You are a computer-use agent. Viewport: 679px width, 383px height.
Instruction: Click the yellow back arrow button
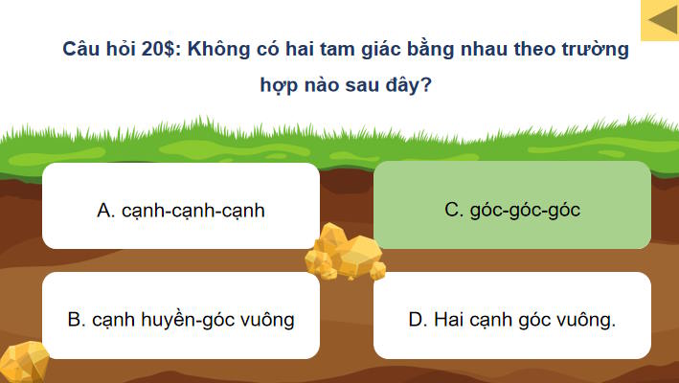pyautogui.click(x=659, y=20)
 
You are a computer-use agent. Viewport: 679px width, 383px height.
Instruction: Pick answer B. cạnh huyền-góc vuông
pyautogui.click(x=181, y=319)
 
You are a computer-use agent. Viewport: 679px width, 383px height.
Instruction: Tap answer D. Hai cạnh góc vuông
pyautogui.click(x=512, y=319)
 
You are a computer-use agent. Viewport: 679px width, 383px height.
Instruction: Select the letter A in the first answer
pyautogui.click(x=103, y=210)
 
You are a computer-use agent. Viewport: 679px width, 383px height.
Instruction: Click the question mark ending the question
pyautogui.click(x=426, y=84)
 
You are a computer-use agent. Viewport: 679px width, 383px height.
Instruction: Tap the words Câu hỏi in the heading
pyautogui.click(x=94, y=49)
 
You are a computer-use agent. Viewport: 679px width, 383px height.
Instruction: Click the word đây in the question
pyautogui.click(x=402, y=84)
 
